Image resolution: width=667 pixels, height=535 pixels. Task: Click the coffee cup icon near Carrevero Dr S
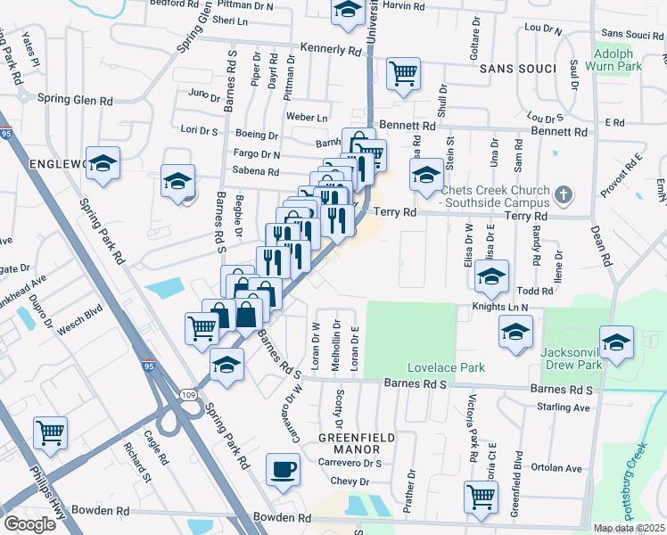[x=284, y=469]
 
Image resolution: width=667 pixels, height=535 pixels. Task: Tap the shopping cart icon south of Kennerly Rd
[x=403, y=73]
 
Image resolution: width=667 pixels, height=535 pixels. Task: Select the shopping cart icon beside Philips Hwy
[x=50, y=433]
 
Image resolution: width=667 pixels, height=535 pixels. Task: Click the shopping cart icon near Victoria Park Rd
[x=482, y=496]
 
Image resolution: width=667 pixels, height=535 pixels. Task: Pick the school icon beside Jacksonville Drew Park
[x=616, y=342]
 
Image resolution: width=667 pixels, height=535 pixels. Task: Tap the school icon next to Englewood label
[x=103, y=162]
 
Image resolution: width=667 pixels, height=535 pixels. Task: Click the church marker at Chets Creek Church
[x=563, y=193]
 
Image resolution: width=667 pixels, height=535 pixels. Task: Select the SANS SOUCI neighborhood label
[x=511, y=68]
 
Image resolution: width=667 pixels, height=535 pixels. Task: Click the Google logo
[x=29, y=523]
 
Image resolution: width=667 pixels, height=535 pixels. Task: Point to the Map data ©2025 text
[x=629, y=528]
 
